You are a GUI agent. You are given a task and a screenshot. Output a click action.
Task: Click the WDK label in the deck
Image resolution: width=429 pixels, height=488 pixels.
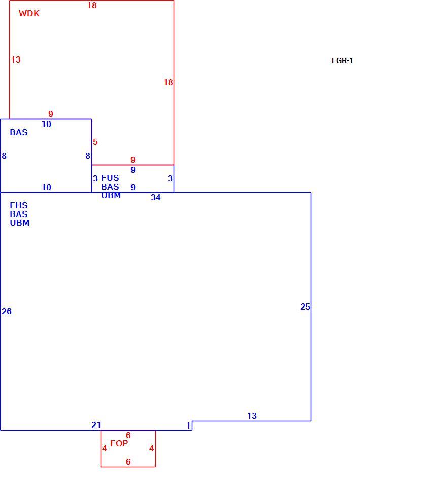coord(29,13)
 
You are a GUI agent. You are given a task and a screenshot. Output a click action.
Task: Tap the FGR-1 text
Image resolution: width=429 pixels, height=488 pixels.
coord(342,60)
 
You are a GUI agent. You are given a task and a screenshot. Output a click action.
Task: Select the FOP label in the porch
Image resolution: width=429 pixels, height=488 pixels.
coord(119,443)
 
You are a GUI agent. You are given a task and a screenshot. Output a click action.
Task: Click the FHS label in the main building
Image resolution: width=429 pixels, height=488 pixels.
coord(19,205)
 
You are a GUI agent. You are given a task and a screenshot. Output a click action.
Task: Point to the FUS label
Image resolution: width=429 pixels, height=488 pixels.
coord(110,178)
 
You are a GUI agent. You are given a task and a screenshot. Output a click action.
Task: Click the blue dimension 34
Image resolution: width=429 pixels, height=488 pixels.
coord(156,197)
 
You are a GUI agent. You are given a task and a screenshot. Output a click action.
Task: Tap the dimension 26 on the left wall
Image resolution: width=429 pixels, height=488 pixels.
coord(7,311)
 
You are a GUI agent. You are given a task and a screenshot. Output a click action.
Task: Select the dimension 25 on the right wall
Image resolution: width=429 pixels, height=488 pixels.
coord(305,307)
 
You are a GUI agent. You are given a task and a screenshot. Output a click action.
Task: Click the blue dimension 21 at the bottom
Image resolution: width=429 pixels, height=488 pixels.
coord(96,425)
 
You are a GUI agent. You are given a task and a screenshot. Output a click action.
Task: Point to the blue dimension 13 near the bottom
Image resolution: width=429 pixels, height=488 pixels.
coord(252,416)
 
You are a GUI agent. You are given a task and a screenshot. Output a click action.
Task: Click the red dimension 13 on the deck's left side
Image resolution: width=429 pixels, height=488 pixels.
coord(16,59)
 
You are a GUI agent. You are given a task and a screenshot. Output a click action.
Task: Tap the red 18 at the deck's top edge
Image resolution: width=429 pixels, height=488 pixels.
coord(92,5)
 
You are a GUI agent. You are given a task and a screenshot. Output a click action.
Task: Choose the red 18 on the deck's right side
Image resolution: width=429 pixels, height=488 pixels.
coord(168,82)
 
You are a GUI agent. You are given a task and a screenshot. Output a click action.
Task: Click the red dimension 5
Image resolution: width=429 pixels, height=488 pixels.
coord(95,142)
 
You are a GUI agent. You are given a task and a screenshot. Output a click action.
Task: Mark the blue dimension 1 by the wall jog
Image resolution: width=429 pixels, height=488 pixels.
coord(188,425)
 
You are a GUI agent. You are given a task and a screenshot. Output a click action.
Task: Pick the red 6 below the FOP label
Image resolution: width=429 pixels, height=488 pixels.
coord(128,462)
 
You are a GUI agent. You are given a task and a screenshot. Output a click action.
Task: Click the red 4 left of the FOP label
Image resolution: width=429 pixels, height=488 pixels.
coord(105,448)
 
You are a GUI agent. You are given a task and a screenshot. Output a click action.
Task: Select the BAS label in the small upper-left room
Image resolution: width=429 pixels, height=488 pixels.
coord(19,132)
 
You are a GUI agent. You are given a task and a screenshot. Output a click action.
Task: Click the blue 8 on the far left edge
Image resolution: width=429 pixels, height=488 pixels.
coord(4,156)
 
